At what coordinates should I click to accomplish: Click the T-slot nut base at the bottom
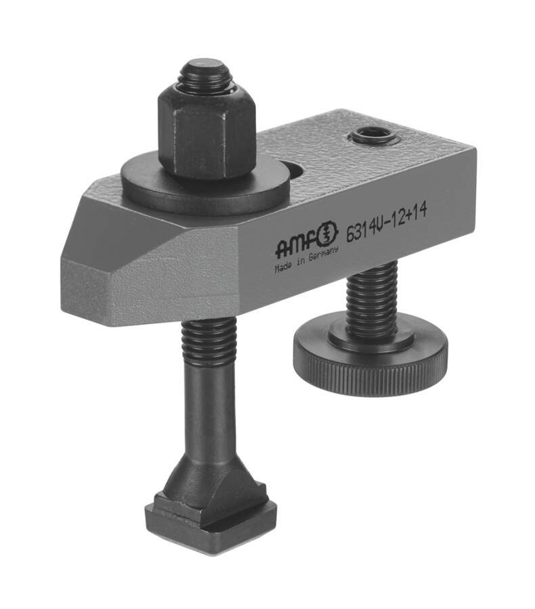(x=209, y=521)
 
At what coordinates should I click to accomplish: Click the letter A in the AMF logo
(x=283, y=250)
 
